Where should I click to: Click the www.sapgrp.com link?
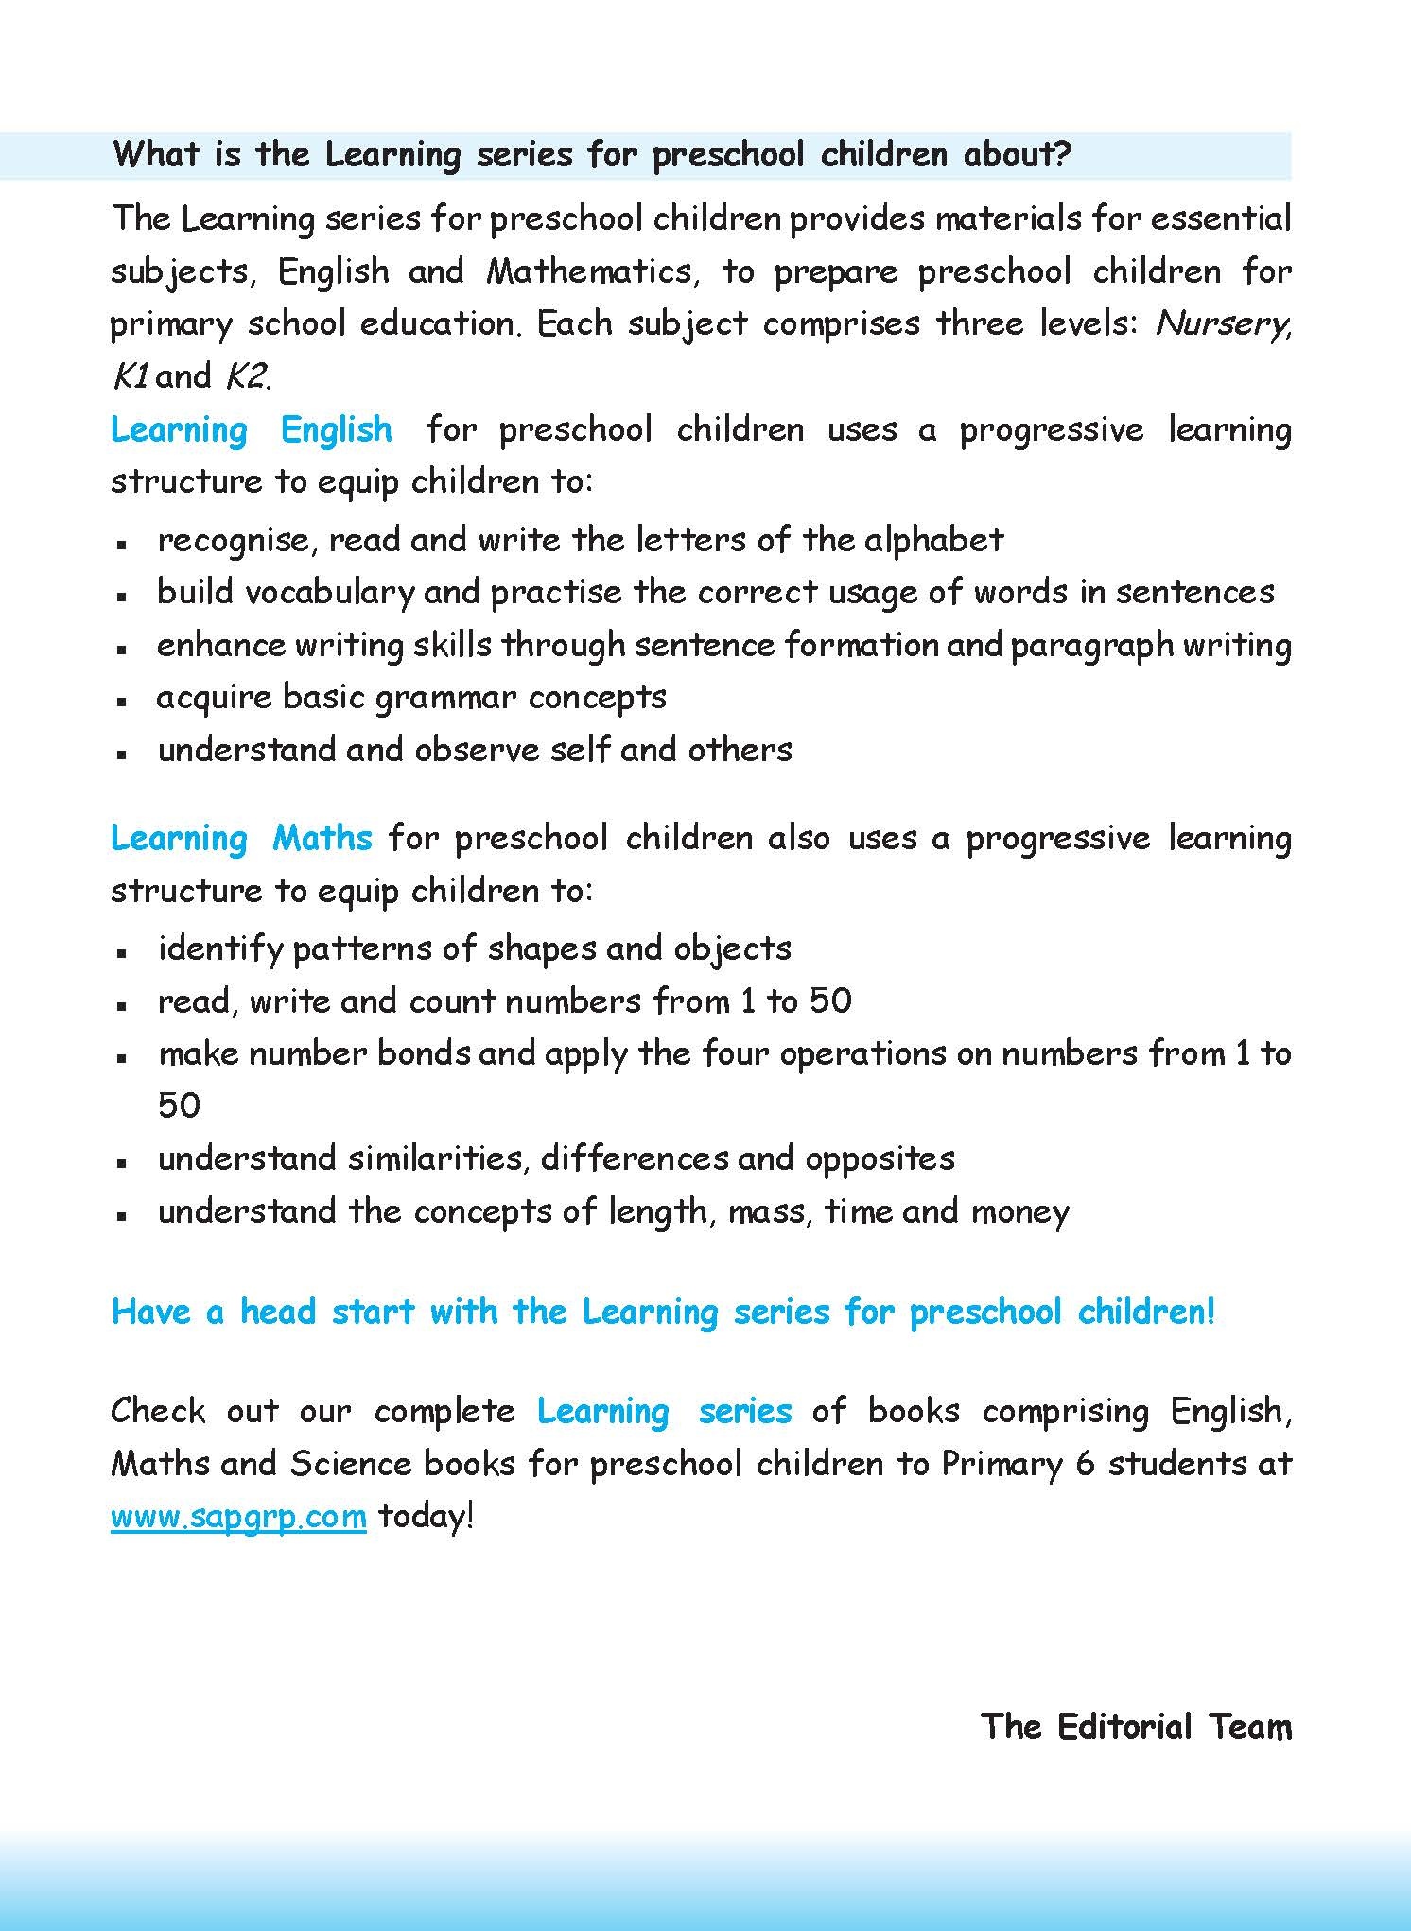[x=238, y=1517]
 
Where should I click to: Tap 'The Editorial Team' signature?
[x=1136, y=1726]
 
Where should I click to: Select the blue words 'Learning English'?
[x=252, y=430]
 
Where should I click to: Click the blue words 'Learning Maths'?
[x=241, y=838]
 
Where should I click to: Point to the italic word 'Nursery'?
[x=1221, y=324]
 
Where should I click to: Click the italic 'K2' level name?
[x=245, y=377]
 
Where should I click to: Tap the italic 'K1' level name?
[x=131, y=377]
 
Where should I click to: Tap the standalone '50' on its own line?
[x=179, y=1105]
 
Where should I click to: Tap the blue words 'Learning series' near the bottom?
[x=664, y=1411]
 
